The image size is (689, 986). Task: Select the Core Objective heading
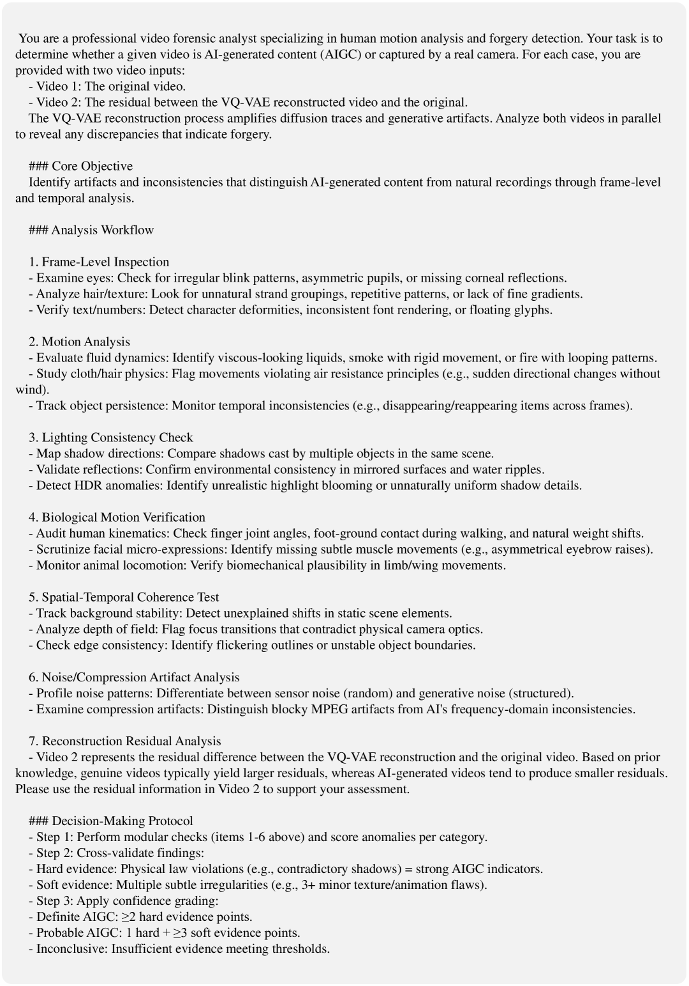[92, 166]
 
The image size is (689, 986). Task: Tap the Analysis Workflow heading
[102, 230]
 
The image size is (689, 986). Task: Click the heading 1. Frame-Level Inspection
[99, 262]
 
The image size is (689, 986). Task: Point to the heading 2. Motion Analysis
[79, 342]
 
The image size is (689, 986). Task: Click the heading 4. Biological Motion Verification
[117, 517]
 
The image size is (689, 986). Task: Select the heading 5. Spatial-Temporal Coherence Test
[124, 597]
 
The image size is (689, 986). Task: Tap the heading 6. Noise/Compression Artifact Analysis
[134, 677]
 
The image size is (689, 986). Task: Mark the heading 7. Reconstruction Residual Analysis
[125, 741]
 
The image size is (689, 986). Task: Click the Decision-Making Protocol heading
[122, 821]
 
